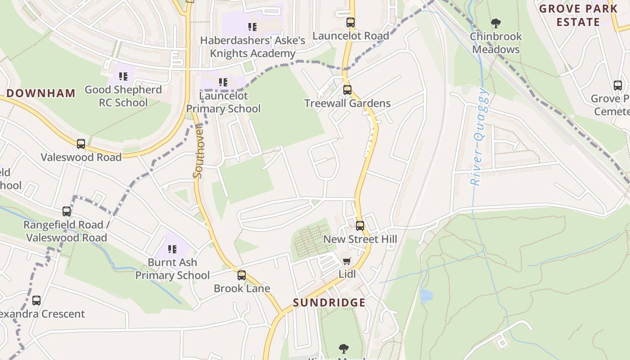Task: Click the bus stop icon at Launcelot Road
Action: [350, 22]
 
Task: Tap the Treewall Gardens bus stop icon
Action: [347, 90]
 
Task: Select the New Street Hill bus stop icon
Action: [360, 225]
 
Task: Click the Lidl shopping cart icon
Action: [346, 261]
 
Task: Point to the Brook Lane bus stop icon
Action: [242, 275]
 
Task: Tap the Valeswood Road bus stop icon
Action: [81, 144]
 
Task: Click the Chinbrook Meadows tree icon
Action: [495, 23]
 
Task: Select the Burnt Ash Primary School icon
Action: [172, 249]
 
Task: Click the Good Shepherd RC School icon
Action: [123, 76]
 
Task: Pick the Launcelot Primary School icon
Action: [223, 82]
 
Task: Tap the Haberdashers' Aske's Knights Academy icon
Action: [252, 27]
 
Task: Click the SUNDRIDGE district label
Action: [329, 302]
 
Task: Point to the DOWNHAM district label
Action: [41, 93]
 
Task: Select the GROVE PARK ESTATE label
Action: [578, 15]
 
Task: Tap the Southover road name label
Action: [198, 152]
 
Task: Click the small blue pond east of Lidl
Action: [425, 295]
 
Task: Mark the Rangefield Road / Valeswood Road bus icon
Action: [67, 211]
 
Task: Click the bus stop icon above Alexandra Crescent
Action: [36, 300]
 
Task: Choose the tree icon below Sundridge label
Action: [344, 348]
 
